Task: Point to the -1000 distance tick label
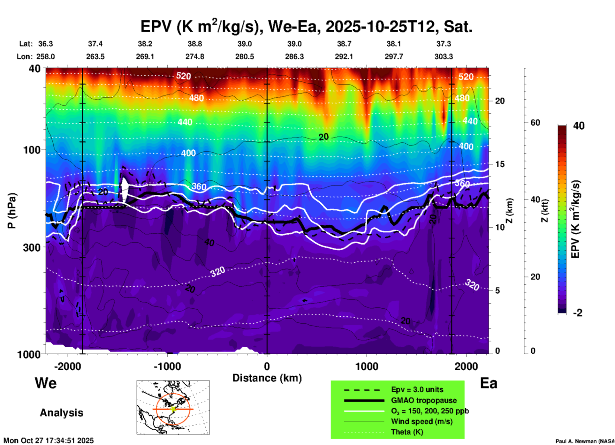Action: coord(167,366)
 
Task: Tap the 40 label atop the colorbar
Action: coord(579,126)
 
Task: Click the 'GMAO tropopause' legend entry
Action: coord(424,400)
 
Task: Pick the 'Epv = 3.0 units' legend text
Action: coord(417,389)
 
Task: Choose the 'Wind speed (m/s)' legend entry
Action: coord(421,421)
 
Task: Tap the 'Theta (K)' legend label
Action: coord(407,432)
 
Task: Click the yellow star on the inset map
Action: coord(173,409)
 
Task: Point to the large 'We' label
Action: coord(46,383)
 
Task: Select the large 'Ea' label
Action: coord(489,383)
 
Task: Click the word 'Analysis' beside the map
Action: coord(61,412)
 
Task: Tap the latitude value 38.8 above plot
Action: coord(195,44)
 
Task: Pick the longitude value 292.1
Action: coord(344,57)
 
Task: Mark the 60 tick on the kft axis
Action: coord(535,123)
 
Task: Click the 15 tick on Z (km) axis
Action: coord(500,164)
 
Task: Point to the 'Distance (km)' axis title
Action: coord(267,378)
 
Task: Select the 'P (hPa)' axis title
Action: coord(12,210)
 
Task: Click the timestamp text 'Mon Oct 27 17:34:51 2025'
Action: coord(49,441)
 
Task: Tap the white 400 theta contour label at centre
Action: coord(188,153)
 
